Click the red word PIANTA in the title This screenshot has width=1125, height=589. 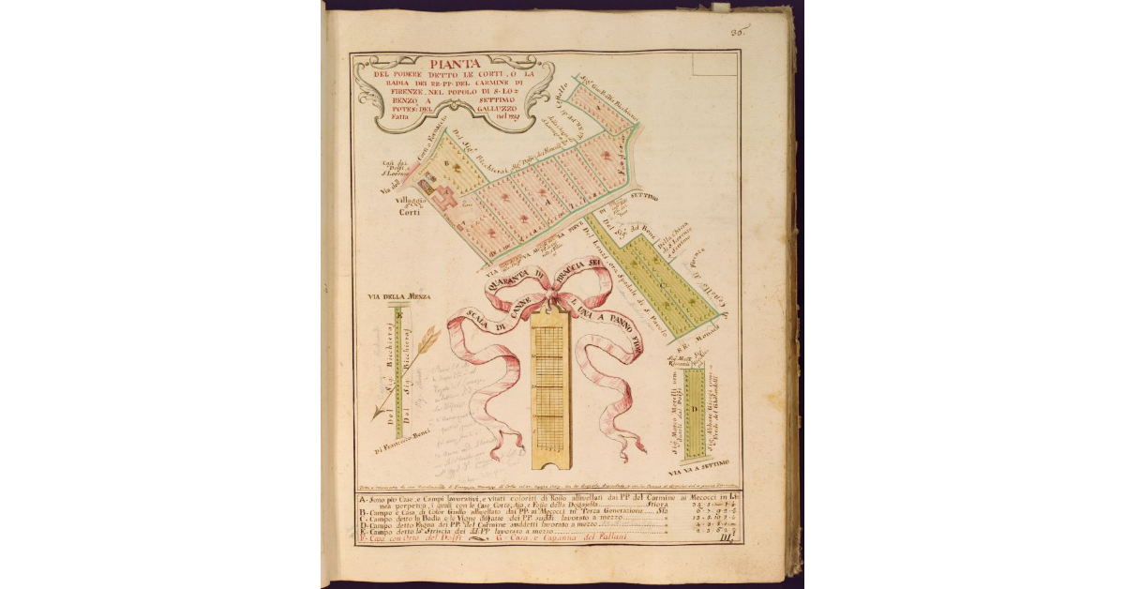click(x=451, y=64)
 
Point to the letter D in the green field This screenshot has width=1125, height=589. click(x=694, y=410)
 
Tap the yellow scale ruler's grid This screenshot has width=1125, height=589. click(x=548, y=385)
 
